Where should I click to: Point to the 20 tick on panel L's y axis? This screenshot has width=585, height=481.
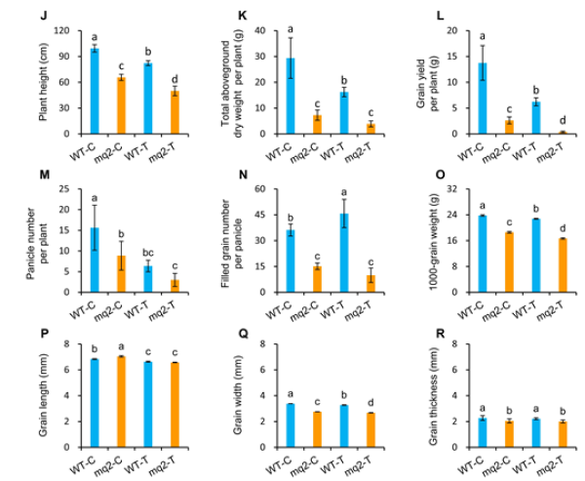[x=449, y=30]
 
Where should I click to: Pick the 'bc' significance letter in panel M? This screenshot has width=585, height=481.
[x=146, y=251]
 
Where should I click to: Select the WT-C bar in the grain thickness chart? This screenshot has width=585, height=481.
[x=481, y=429]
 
